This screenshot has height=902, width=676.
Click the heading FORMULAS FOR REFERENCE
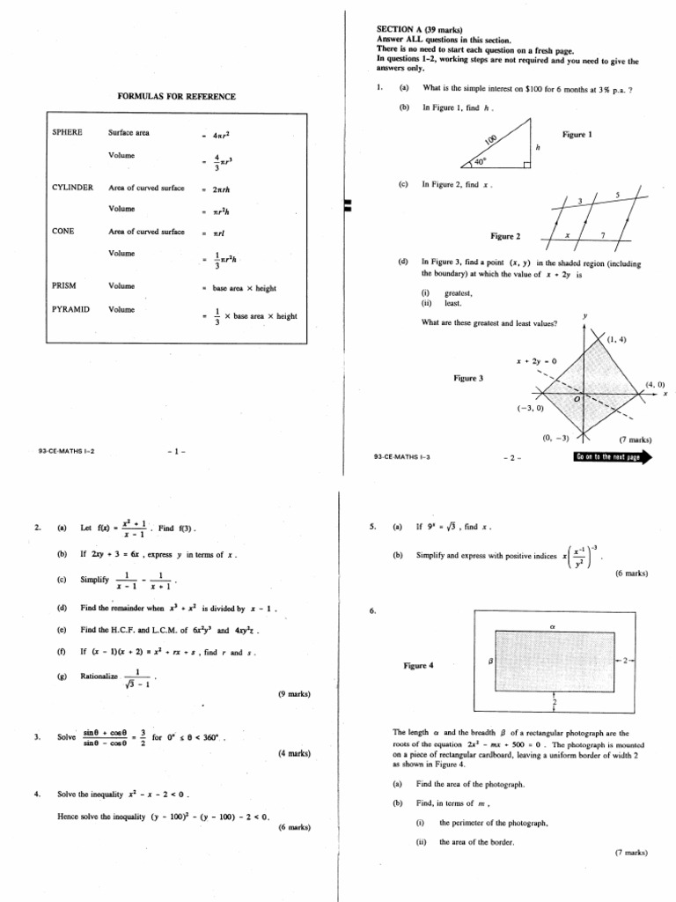click(177, 96)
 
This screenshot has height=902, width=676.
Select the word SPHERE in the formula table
click(67, 132)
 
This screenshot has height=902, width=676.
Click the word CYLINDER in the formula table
click(72, 188)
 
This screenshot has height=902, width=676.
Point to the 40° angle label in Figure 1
click(480, 162)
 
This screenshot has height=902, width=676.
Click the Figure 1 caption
click(577, 135)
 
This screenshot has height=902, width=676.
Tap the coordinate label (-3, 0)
click(531, 408)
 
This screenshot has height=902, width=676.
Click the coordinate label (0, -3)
click(555, 438)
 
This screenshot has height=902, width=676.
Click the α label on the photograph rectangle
click(554, 625)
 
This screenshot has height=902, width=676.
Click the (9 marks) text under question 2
click(293, 694)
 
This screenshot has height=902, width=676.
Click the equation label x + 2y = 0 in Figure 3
click(535, 360)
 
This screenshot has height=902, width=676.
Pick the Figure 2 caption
click(505, 236)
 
